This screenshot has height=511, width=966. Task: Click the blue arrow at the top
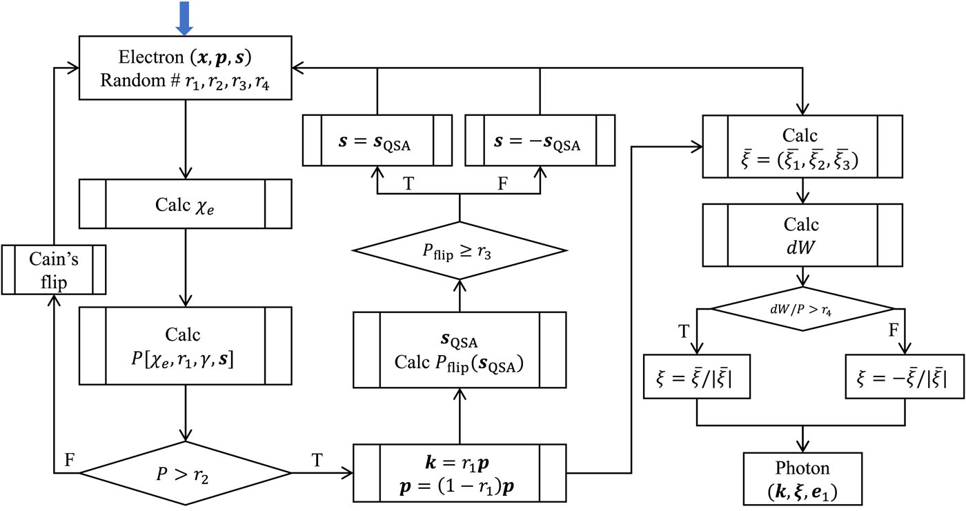185,17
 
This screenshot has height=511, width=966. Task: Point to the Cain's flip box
54,270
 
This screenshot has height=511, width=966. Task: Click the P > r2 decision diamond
185,473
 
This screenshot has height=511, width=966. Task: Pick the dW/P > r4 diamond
802,310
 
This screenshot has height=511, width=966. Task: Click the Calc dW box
802,237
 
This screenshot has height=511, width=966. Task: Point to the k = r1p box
459,473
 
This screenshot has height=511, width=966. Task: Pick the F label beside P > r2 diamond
70,458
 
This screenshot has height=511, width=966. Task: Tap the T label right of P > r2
315,458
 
